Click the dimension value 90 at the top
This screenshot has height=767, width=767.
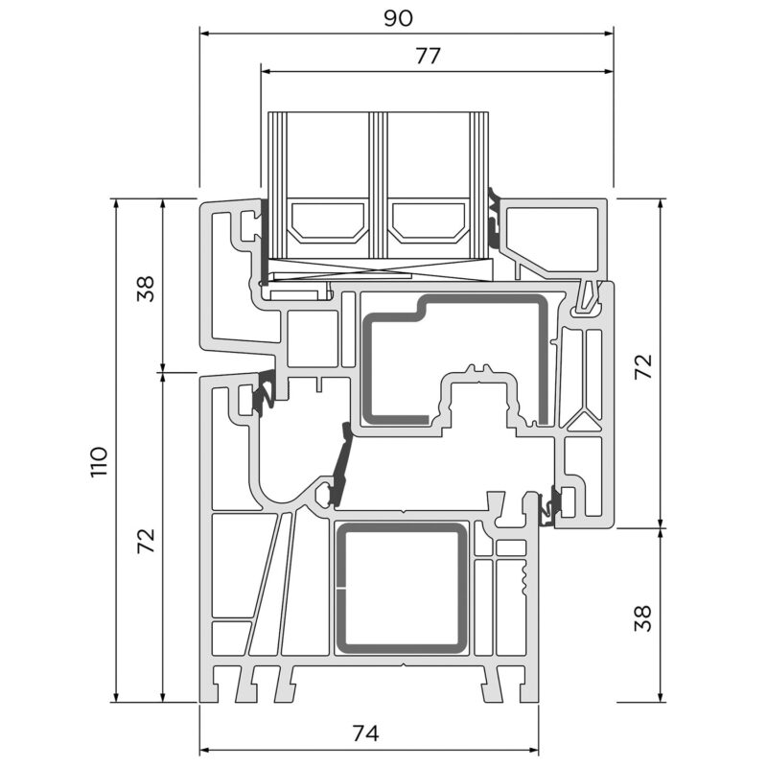click(x=398, y=18)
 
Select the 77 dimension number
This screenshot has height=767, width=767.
click(x=428, y=57)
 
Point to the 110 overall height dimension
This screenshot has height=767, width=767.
click(x=99, y=462)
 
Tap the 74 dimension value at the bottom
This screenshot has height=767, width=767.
click(x=365, y=733)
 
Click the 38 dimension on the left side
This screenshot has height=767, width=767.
click(x=146, y=289)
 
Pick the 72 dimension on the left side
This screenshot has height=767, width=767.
click(x=146, y=541)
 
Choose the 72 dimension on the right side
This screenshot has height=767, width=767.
click(x=643, y=366)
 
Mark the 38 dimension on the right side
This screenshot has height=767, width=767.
click(x=643, y=618)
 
